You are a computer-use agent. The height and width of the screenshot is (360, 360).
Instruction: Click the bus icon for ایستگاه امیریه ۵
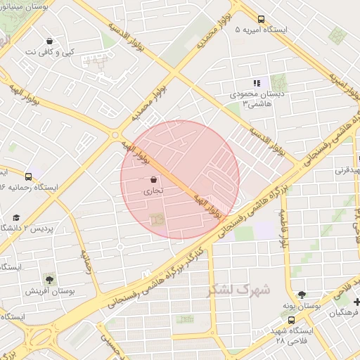(262, 20)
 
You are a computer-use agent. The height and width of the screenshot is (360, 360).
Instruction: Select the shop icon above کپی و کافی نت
(49, 41)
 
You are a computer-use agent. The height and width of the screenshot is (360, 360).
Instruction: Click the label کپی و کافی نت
(49, 53)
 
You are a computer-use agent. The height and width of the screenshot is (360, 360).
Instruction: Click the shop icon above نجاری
(154, 179)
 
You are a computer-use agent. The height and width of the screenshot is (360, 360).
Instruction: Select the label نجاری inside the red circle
(154, 191)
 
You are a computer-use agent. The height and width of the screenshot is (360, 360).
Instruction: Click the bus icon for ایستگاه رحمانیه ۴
(28, 176)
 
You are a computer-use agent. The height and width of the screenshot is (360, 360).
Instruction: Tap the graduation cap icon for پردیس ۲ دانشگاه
(15, 217)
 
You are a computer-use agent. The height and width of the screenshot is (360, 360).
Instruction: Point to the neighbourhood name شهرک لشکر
(239, 290)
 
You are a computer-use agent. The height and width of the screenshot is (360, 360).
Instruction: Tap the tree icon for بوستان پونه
(302, 295)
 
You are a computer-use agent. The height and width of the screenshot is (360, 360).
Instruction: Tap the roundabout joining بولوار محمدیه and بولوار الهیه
(116, 134)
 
